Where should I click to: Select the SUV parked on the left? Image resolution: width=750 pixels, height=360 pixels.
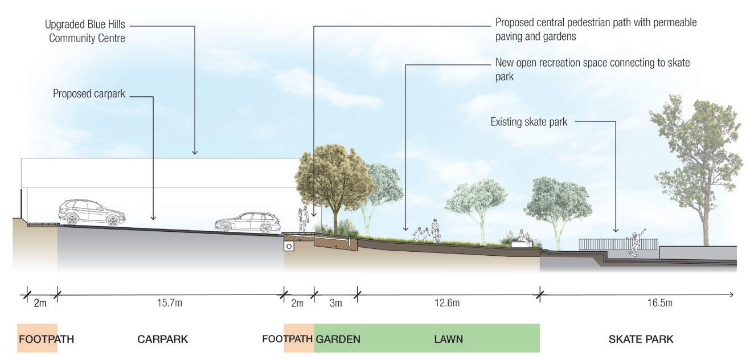(x=92, y=212)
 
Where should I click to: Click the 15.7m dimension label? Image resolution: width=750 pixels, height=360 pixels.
(x=170, y=303)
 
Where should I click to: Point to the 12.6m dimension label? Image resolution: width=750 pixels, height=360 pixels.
(x=447, y=303)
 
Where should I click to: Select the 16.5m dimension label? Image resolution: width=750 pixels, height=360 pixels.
(x=660, y=303)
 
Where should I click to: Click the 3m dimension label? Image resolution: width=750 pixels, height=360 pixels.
(x=336, y=303)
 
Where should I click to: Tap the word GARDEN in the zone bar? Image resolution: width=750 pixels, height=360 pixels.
(x=338, y=339)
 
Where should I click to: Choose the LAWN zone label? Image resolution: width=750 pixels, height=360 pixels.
(x=448, y=339)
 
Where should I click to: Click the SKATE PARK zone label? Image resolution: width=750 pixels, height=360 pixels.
(x=641, y=339)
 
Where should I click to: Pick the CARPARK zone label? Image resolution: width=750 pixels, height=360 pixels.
(x=162, y=339)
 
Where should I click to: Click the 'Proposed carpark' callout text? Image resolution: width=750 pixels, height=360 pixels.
(x=89, y=93)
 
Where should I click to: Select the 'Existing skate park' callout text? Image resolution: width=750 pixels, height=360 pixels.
(x=528, y=122)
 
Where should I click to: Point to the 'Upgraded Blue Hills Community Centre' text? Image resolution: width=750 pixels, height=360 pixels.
(x=85, y=32)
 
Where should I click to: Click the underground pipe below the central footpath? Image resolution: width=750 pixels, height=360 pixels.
(x=289, y=247)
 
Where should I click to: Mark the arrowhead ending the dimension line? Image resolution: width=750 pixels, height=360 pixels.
(x=731, y=294)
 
